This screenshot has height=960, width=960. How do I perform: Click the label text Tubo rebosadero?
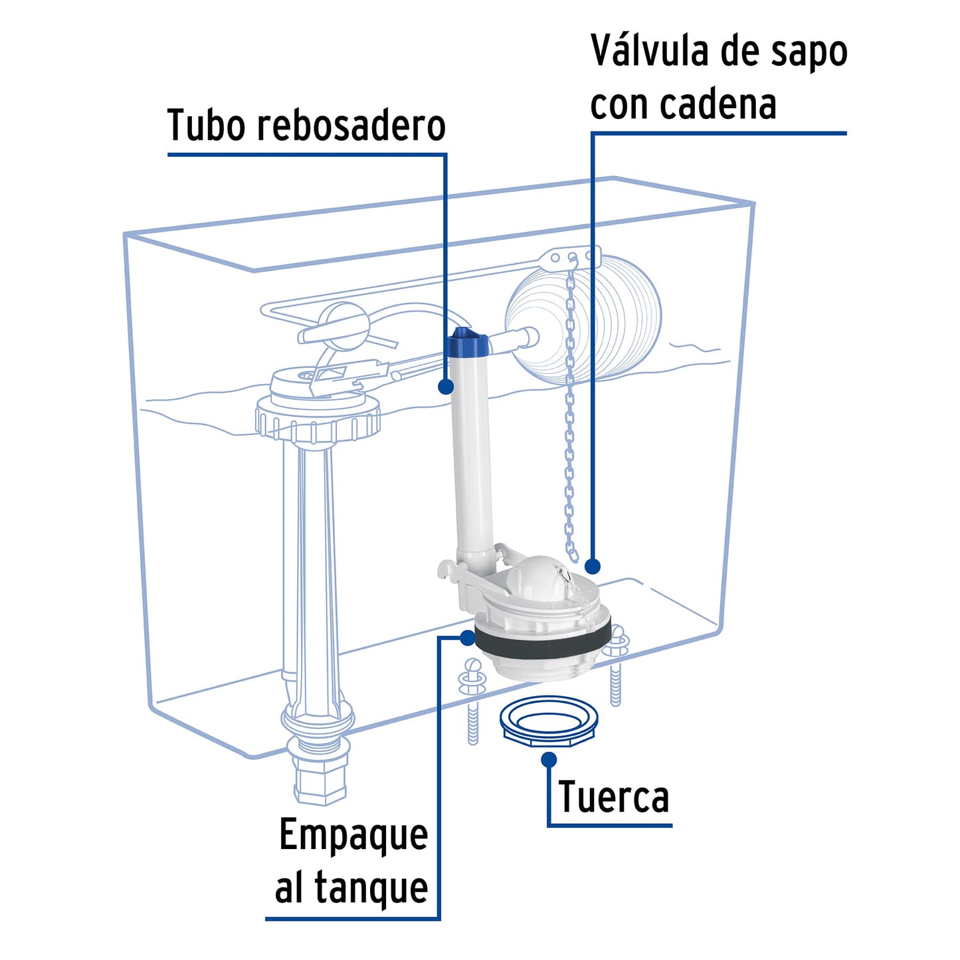coord(306,126)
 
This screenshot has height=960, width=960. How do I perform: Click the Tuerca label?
coord(613,797)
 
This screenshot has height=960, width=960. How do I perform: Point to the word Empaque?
coord(353,835)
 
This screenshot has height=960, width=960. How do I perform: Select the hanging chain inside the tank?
coord(570,432)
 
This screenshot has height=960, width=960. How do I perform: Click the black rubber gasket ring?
coord(541,643)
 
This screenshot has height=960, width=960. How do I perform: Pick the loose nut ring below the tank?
coord(549,721)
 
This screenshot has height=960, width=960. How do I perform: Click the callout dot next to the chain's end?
coord(593,566)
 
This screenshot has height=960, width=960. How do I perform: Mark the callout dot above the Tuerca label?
coord(549,759)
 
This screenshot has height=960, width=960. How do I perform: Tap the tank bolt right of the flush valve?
coord(616,664)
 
